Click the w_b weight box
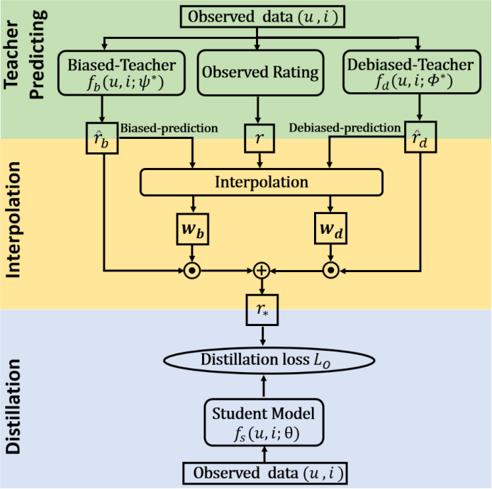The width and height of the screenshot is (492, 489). tap(191, 230)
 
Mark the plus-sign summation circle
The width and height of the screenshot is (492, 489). tap(262, 270)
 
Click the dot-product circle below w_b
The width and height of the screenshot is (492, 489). tap(191, 270)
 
